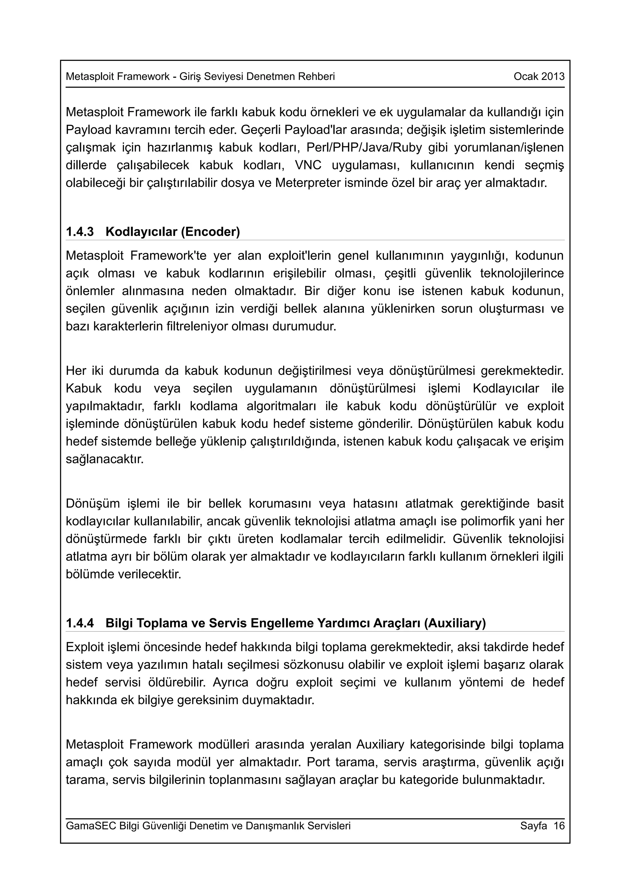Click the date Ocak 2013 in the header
click(x=539, y=77)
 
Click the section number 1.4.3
click(x=80, y=232)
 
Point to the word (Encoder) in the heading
click(x=210, y=232)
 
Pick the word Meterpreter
click(x=308, y=183)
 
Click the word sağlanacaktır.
click(x=105, y=459)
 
